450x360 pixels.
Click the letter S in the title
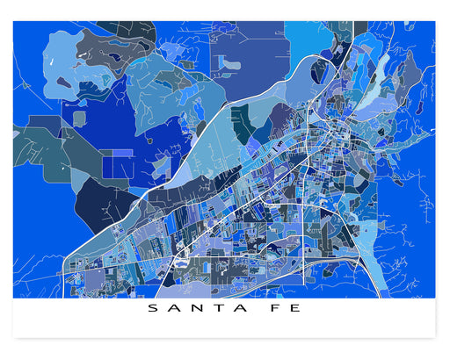point(151,309)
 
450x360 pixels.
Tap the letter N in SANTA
point(192,309)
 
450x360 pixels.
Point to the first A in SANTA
point(171,309)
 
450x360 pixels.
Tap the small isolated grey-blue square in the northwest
point(80,118)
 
